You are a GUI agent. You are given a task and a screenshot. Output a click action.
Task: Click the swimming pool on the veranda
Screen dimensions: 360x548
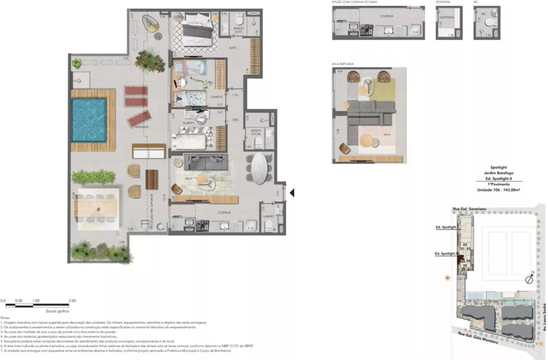click(88, 118)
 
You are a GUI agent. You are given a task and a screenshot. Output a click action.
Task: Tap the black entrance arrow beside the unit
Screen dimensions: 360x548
click(293, 193)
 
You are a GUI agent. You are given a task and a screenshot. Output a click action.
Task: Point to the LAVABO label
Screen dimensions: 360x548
click(268, 217)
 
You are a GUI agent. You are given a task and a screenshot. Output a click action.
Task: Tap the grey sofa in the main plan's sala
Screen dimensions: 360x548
click(206, 161)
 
